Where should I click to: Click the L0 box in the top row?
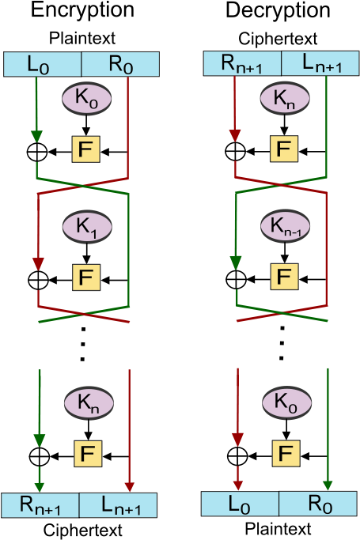[43, 64]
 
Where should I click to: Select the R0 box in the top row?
[120, 64]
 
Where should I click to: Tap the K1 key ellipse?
[86, 226]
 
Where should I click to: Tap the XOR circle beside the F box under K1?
[38, 280]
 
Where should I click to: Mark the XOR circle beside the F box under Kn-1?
[235, 280]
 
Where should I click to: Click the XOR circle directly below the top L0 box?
[36, 151]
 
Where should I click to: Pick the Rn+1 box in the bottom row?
[40, 505]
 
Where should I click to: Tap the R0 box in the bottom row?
[317, 503]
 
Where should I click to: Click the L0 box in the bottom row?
[241, 503]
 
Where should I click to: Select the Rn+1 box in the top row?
[242, 63]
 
